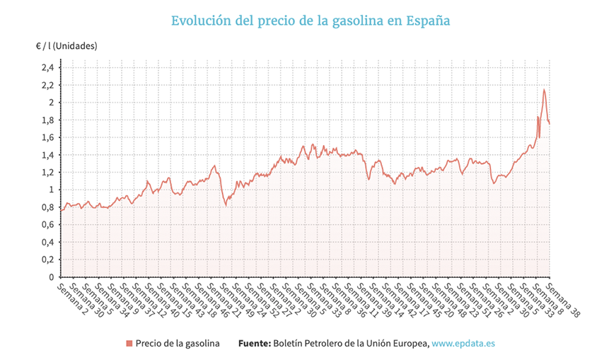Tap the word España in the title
coord(428,21)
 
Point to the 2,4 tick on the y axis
coord(47,68)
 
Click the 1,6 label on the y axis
coord(47,137)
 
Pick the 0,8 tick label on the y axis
coord(47,207)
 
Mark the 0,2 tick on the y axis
coord(47,260)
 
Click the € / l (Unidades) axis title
coord(66,46)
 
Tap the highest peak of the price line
coord(544,90)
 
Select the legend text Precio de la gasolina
coord(177,344)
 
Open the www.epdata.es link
coord(463,344)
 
